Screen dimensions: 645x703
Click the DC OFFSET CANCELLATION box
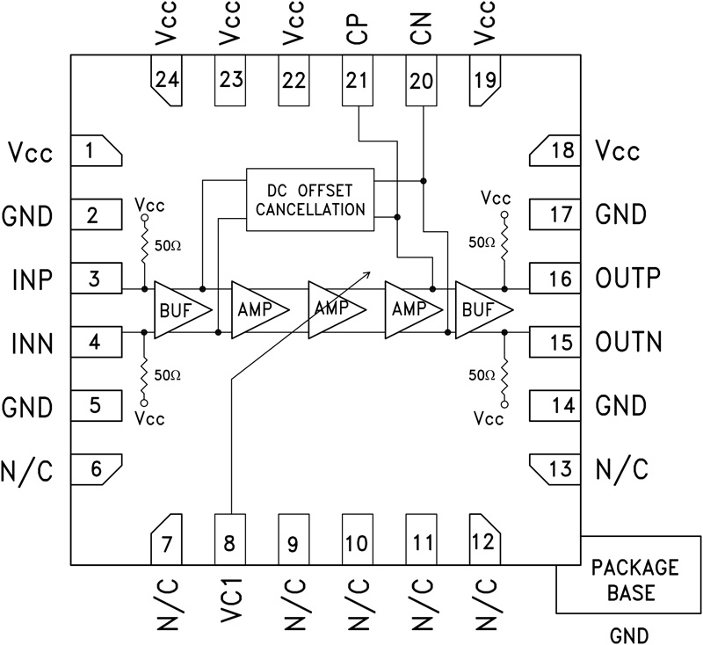tap(309, 199)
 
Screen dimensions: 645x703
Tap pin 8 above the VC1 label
tap(229, 540)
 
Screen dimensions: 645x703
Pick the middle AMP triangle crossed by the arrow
tap(333, 309)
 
